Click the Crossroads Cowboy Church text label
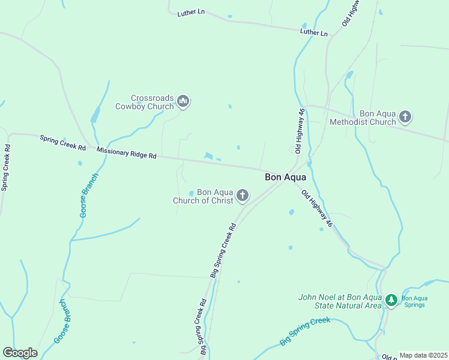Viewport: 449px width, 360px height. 152,102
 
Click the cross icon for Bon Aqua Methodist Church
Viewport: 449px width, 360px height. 405,117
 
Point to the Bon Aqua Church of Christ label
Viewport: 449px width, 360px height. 203,196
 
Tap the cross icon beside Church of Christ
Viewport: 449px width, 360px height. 243,196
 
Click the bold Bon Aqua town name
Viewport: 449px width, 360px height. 286,178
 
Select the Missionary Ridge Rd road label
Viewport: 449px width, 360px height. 126,154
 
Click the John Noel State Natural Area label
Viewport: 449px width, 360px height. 340,301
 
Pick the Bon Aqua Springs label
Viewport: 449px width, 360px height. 413,301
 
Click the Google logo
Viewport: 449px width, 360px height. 20,353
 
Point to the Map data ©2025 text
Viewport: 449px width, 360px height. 423,355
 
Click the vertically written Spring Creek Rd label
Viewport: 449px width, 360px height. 5,167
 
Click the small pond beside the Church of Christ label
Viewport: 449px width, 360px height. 191,193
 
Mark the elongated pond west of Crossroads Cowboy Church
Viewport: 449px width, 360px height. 95,114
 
